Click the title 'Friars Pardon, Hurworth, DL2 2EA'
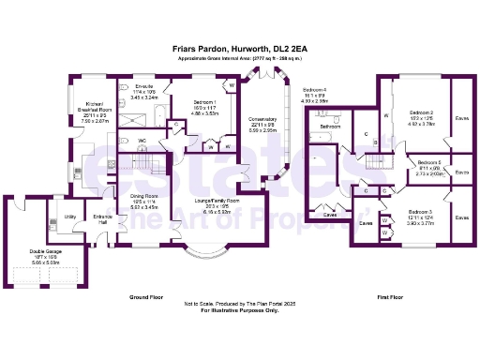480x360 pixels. click(239, 45)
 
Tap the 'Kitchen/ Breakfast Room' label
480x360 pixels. click(94, 104)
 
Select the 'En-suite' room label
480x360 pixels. click(143, 86)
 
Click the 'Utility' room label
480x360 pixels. click(69, 217)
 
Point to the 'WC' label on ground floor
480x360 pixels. click(142, 142)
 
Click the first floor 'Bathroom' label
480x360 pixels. click(329, 126)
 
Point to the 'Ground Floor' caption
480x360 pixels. click(147, 296)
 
